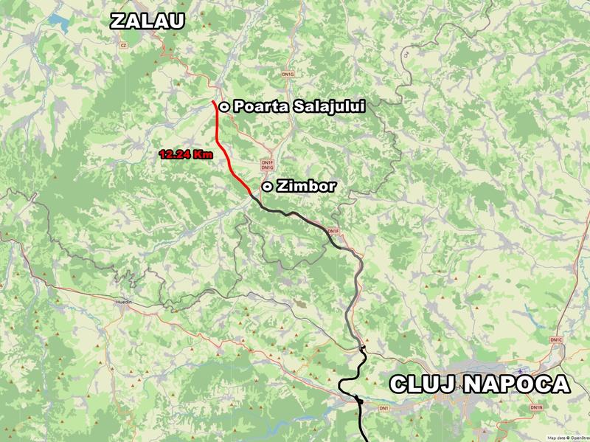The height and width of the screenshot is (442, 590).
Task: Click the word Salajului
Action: coord(329,106)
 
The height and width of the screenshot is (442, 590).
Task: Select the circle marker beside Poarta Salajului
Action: coord(223,106)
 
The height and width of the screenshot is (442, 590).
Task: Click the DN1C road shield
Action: coord(556,340)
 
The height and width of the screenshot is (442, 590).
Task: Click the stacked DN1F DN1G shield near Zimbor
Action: coord(267,165)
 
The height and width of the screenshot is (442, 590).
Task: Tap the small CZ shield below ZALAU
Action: coord(123,45)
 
